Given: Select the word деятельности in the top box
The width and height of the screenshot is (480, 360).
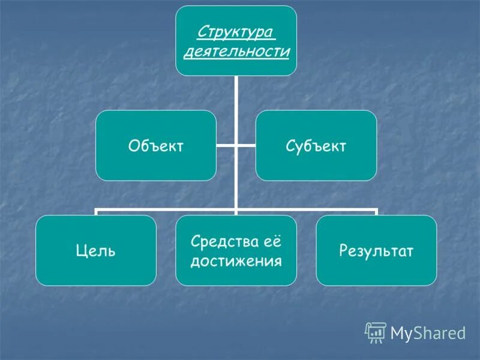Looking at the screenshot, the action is point(236,52).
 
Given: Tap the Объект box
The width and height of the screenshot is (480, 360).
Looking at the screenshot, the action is point(156,146).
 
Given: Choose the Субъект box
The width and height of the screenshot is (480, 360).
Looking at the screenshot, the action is point(316,146).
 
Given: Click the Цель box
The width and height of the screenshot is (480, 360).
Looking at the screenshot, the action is point(96,250).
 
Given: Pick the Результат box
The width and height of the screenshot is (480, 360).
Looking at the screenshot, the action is point(376,250).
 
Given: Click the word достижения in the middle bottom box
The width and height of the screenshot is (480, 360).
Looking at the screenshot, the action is point(236,262).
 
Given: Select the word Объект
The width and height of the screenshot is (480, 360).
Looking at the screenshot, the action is point(156,146).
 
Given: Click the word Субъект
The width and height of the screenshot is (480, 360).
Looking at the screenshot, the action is point(316,146).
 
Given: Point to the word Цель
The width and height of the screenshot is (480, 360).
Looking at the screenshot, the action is point(96,251).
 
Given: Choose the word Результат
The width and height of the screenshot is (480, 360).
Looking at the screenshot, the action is point(376,251).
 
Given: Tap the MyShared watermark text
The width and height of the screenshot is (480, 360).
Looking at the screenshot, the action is point(428,332).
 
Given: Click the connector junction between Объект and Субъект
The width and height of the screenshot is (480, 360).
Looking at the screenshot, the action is point(236,146).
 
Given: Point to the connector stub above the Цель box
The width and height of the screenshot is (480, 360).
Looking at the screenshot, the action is point(96,212).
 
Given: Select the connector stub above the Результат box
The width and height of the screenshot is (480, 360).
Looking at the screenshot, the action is point(376,212).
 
